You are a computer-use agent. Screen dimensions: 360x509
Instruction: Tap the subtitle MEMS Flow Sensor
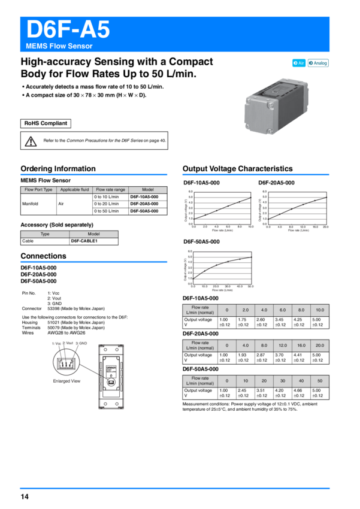59,46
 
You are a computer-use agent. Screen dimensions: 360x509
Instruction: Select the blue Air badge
299,63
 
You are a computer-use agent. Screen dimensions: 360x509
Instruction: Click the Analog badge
318,63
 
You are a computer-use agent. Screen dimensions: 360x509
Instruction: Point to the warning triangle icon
31,141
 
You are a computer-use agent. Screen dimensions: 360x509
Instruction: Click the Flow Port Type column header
39,190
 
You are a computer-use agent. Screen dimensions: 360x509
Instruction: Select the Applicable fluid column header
75,190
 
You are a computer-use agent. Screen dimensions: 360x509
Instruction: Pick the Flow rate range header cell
111,190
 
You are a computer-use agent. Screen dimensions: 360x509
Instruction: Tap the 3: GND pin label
81,343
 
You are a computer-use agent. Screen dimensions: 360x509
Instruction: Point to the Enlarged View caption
66,380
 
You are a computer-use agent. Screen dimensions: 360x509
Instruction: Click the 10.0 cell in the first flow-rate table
320,310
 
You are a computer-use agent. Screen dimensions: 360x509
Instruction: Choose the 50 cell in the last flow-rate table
320,381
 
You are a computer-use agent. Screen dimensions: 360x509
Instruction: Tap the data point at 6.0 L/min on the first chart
228,207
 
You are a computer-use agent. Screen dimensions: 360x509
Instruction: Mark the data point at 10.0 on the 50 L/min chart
205,271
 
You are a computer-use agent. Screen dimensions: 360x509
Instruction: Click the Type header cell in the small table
45,234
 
